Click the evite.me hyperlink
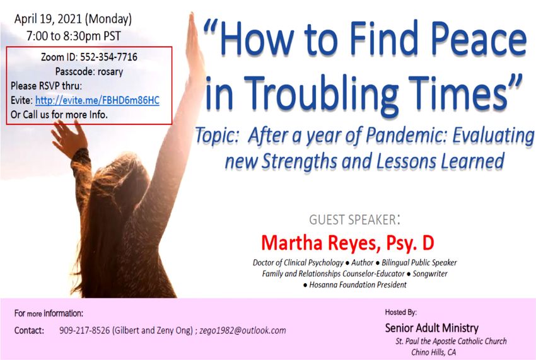click(97, 100)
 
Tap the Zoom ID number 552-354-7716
click(108, 57)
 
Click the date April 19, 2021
click(48, 20)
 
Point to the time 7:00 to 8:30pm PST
click(74, 36)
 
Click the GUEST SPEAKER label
click(354, 219)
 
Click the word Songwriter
click(430, 274)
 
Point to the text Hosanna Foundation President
click(358, 285)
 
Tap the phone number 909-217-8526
click(84, 330)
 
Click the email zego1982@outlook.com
click(243, 330)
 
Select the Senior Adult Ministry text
click(432, 328)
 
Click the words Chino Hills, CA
click(433, 352)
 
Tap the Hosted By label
click(400, 312)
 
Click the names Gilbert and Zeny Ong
click(153, 330)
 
